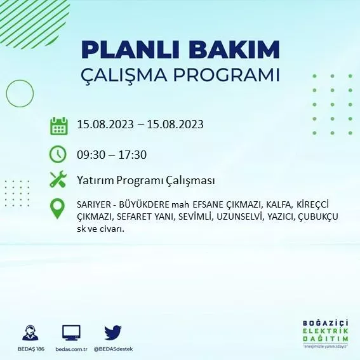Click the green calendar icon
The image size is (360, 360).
click(x=58, y=125)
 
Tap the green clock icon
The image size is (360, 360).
click(x=58, y=154)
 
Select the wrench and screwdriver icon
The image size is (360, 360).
click(x=58, y=180)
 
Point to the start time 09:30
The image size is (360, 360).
click(x=91, y=154)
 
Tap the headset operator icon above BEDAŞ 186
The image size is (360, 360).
click(x=29, y=333)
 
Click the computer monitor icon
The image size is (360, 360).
click(x=71, y=333)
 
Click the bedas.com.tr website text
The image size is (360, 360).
click(x=71, y=349)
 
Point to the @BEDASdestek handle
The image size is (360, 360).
click(x=113, y=349)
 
